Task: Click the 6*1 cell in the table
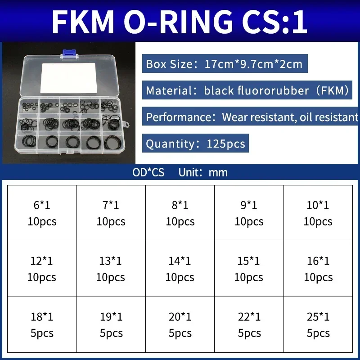coord(42,213)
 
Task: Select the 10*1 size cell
coord(318,213)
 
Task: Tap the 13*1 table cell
coord(111,269)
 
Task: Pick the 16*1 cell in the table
coord(318,269)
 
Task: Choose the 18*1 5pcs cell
coord(42,325)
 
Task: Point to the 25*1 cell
coord(318,325)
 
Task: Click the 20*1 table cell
coord(180,325)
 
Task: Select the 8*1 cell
coord(180,213)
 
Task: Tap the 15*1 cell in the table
coord(249,269)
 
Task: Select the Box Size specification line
coord(224,63)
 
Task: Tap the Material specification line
coord(247,90)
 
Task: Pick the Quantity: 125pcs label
coord(195,144)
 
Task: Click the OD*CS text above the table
coord(148,172)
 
